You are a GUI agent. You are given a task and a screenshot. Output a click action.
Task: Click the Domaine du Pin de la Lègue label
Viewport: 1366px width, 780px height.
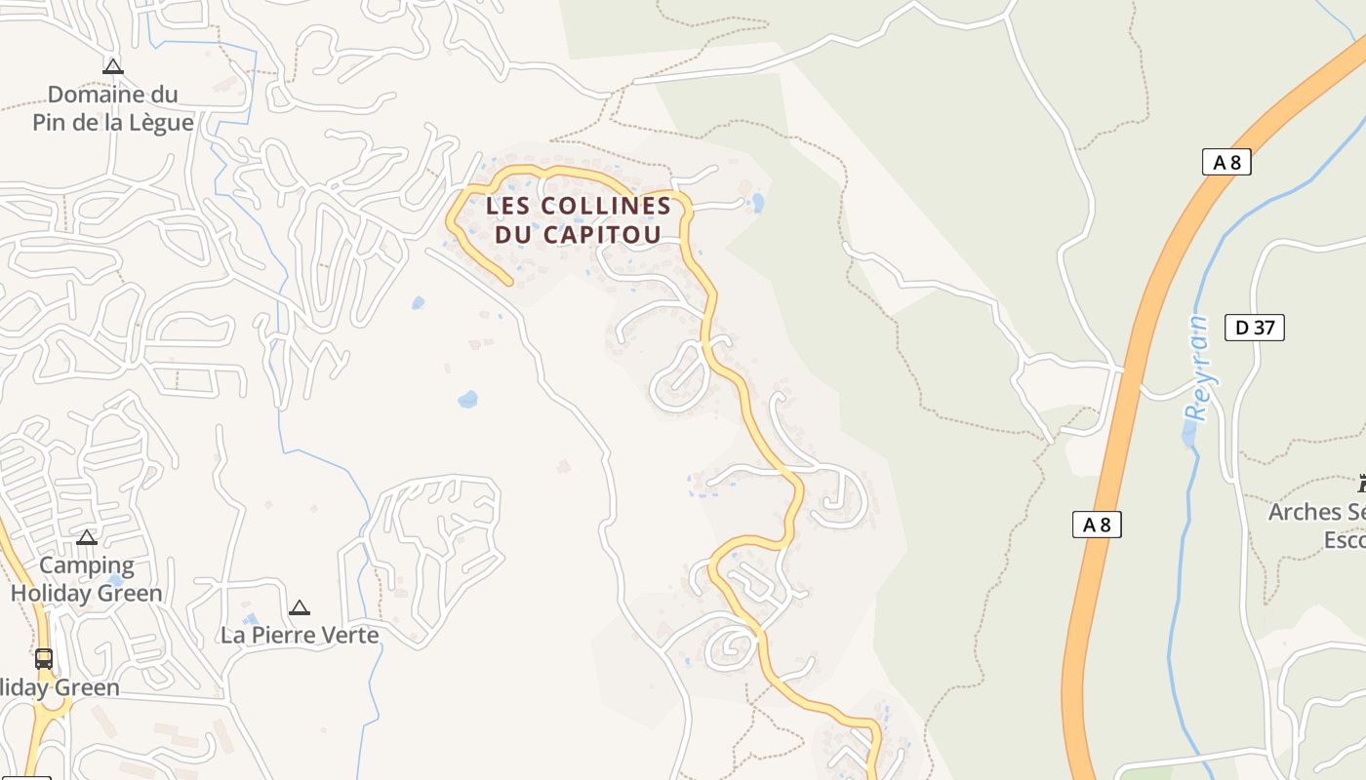point(113,108)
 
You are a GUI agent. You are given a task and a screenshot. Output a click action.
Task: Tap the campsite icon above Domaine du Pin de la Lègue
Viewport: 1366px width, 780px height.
point(113,66)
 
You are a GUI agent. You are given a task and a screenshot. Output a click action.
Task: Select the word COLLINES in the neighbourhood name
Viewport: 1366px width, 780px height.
point(606,206)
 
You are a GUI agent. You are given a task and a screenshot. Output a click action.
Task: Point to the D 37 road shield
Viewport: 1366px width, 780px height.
point(1255,328)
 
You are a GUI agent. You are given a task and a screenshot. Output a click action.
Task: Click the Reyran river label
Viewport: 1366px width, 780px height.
point(1196,368)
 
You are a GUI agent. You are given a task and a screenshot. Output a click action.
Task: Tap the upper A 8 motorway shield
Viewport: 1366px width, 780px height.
point(1226,162)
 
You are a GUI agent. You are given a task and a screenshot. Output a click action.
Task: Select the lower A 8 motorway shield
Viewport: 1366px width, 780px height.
point(1097,525)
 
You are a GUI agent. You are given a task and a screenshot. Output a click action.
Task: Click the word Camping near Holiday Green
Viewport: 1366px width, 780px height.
point(87,565)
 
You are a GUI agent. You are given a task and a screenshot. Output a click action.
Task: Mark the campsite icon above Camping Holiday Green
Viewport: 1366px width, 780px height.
point(87,537)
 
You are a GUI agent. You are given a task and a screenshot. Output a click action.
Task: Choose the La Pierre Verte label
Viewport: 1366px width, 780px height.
point(300,635)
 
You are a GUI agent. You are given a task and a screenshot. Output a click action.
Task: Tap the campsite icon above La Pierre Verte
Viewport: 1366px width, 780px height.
point(300,607)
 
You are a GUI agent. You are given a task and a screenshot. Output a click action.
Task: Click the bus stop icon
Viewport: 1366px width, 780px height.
point(44,659)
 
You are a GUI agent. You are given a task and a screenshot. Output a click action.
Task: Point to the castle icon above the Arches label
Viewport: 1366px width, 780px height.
point(1362,483)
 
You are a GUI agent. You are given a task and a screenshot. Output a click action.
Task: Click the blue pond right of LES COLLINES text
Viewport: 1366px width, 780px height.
point(758,203)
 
